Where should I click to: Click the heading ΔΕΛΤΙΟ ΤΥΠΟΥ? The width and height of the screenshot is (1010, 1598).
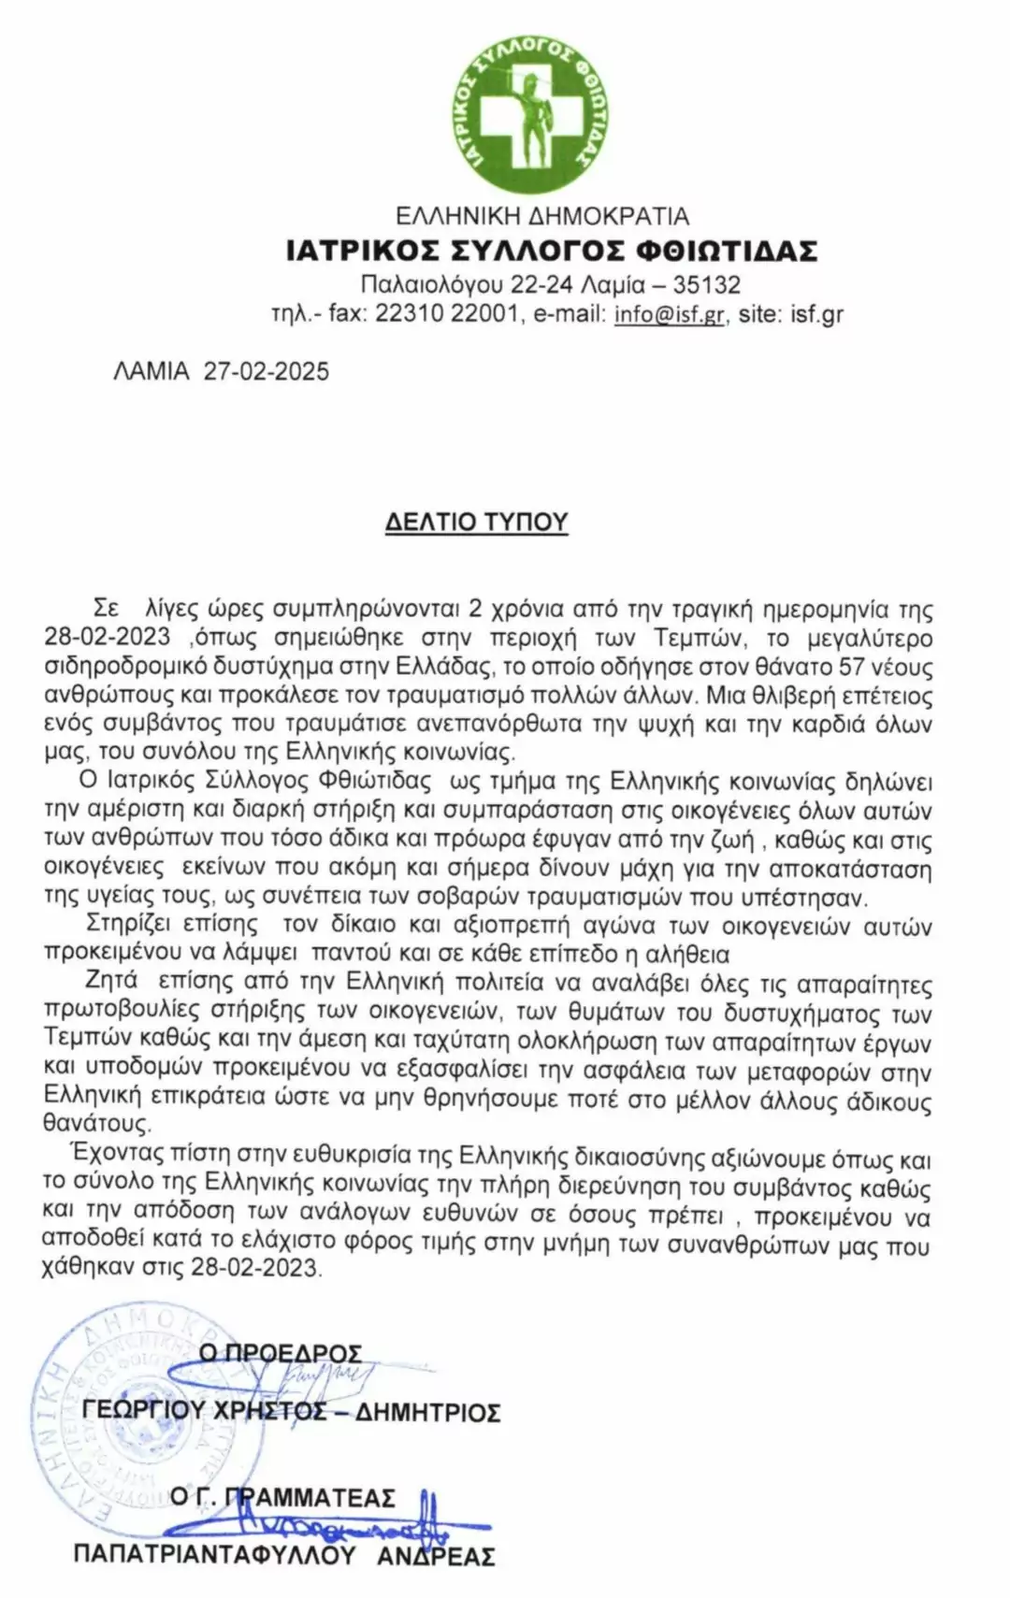click(x=477, y=521)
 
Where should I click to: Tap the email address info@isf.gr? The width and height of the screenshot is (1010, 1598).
click(x=669, y=314)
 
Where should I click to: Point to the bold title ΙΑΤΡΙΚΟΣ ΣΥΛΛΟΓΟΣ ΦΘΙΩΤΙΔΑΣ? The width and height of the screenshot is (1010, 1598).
click(x=552, y=251)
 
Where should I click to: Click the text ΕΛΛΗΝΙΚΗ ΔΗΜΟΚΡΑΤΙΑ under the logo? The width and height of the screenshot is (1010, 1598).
click(x=542, y=217)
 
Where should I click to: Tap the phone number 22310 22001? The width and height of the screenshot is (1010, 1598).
click(x=446, y=314)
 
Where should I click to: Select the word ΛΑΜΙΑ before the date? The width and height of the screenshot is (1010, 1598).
click(x=151, y=371)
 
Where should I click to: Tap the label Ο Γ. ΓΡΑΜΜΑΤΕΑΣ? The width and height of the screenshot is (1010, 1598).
click(x=282, y=1497)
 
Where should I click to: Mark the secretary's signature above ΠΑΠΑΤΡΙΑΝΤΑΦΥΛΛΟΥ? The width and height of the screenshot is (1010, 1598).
click(x=318, y=1526)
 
